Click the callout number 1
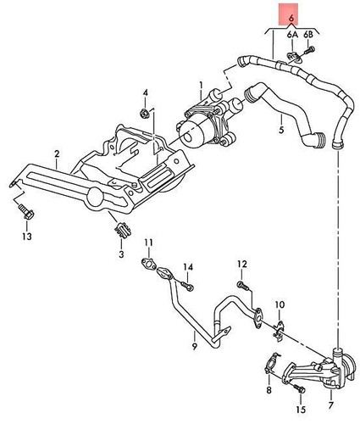click(x=201, y=85)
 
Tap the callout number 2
click(x=56, y=153)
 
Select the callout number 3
click(x=121, y=253)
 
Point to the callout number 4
click(x=145, y=92)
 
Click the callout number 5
click(x=280, y=130)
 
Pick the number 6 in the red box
click(x=291, y=17)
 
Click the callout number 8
click(x=280, y=303)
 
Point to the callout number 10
click(x=241, y=264)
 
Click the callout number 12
click(x=188, y=268)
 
